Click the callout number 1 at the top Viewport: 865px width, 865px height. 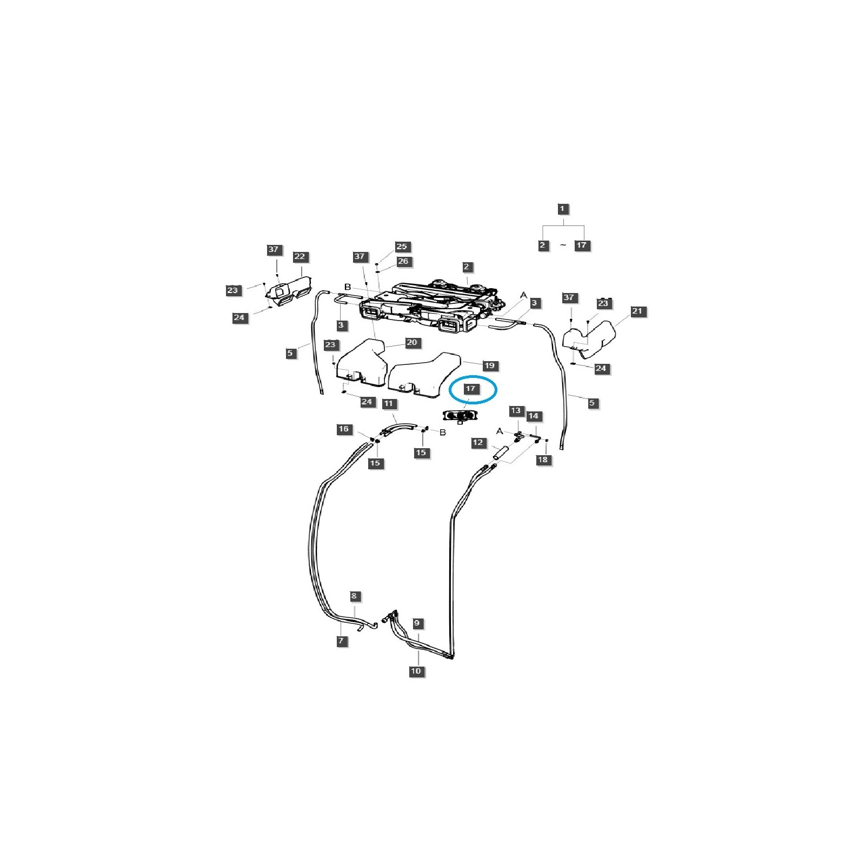562,209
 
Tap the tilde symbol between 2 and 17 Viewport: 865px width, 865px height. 563,245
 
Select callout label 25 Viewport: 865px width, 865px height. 402,247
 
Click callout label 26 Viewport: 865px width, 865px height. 403,261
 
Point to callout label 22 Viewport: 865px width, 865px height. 300,257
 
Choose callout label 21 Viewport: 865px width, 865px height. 637,311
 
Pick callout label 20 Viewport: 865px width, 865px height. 412,342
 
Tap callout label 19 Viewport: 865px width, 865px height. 489,365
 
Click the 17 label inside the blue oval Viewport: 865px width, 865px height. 470,389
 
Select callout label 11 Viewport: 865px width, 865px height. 388,403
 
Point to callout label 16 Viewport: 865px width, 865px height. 344,429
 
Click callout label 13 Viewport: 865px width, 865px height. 516,411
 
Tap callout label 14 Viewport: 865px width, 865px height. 534,416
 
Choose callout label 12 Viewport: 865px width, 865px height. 478,443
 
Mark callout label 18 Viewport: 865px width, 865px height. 542,460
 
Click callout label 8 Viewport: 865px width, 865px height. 354,596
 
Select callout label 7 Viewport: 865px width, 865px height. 341,641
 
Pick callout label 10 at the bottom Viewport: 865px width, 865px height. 416,671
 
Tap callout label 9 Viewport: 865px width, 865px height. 417,623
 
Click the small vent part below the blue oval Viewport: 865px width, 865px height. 460,416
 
